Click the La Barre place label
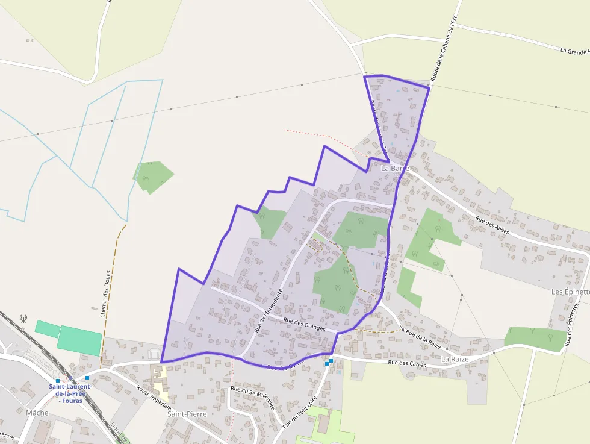coord(395,169)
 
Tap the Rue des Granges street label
coord(305,325)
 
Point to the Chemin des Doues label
coord(104,293)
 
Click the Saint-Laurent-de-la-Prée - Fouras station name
coord(70,393)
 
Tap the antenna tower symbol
coord(23,319)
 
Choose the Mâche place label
coord(37,413)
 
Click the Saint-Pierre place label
coord(187,414)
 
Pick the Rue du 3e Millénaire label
coord(253,398)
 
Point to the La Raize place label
coord(455,359)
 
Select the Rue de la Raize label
coord(423,339)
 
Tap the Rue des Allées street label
coord(492,225)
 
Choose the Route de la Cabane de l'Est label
coord(445,49)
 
